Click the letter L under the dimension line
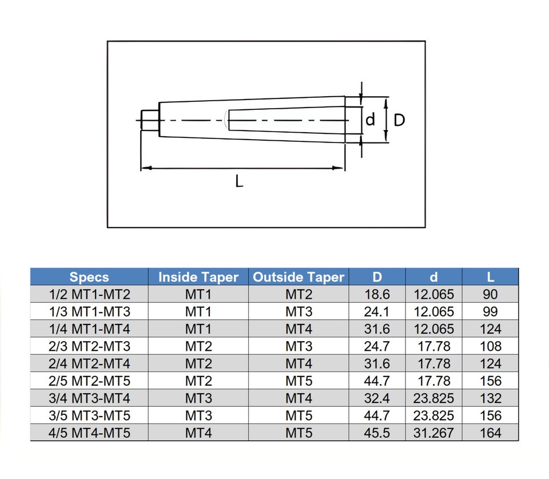coord(239,183)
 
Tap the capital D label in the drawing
coord(400,120)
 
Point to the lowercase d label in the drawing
coord(371,120)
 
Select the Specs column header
coord(89,277)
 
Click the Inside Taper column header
coord(198,277)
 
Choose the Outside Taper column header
coord(299,277)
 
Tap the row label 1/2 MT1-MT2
coord(89,295)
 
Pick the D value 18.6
coord(377,295)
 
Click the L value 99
coord(490,312)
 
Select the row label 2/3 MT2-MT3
coord(89,346)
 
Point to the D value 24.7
coord(377,346)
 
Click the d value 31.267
coord(433,433)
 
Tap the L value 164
coord(490,433)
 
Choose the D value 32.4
coord(377,398)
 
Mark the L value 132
coord(490,398)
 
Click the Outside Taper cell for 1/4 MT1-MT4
coord(299,329)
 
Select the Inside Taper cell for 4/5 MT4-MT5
coord(198,433)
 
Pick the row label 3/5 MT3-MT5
coord(89,415)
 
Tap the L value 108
coord(490,346)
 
